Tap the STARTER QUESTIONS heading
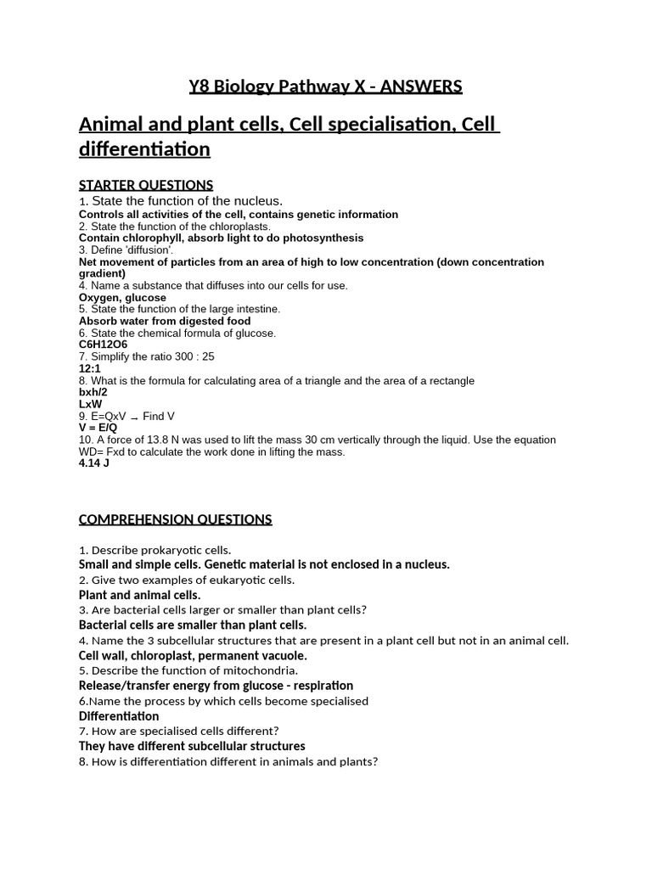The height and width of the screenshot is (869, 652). [x=146, y=185]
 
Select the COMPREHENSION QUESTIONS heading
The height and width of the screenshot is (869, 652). [x=176, y=519]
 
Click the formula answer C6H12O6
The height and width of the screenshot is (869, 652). [x=103, y=345]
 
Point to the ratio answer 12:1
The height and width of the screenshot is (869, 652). [x=90, y=369]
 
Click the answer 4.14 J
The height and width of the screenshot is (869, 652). [x=94, y=464]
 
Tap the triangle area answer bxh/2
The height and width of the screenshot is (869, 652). [x=93, y=393]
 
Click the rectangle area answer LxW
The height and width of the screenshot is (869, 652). [x=91, y=405]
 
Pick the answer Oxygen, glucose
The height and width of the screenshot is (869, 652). [x=122, y=298]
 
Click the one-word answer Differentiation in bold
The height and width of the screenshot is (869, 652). [x=119, y=716]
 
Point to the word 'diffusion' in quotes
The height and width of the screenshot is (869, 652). [x=151, y=250]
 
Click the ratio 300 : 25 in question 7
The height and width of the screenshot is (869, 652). [x=191, y=357]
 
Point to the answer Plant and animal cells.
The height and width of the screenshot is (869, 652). [x=139, y=595]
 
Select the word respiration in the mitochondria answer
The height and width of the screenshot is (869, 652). [x=323, y=686]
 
